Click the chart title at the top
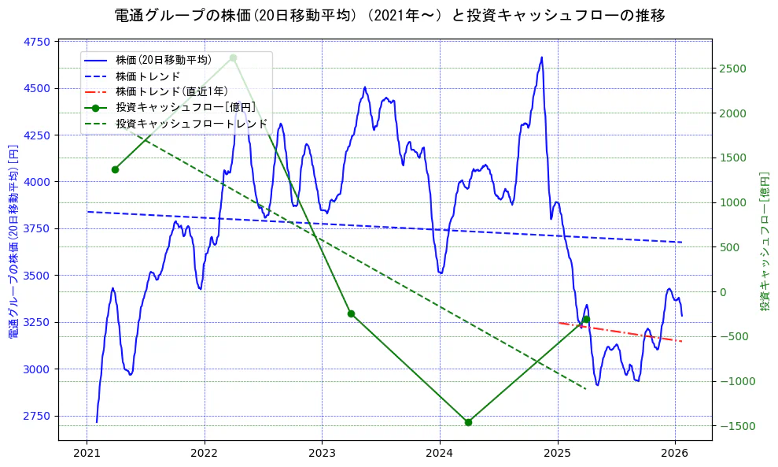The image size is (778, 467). (389, 16)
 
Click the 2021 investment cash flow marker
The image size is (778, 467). (115, 169)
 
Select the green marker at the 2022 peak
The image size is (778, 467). (233, 57)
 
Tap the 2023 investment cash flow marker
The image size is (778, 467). (351, 313)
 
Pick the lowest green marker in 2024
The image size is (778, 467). (468, 422)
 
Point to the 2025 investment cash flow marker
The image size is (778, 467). (586, 319)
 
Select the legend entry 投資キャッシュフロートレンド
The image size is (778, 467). (191, 124)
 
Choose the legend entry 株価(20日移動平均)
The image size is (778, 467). (163, 60)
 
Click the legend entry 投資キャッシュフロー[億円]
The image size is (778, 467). (185, 107)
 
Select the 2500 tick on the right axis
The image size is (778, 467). (732, 69)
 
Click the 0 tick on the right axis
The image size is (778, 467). (725, 292)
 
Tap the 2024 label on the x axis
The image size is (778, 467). (440, 455)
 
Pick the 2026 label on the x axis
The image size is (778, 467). (675, 455)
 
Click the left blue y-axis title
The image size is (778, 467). (13, 241)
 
